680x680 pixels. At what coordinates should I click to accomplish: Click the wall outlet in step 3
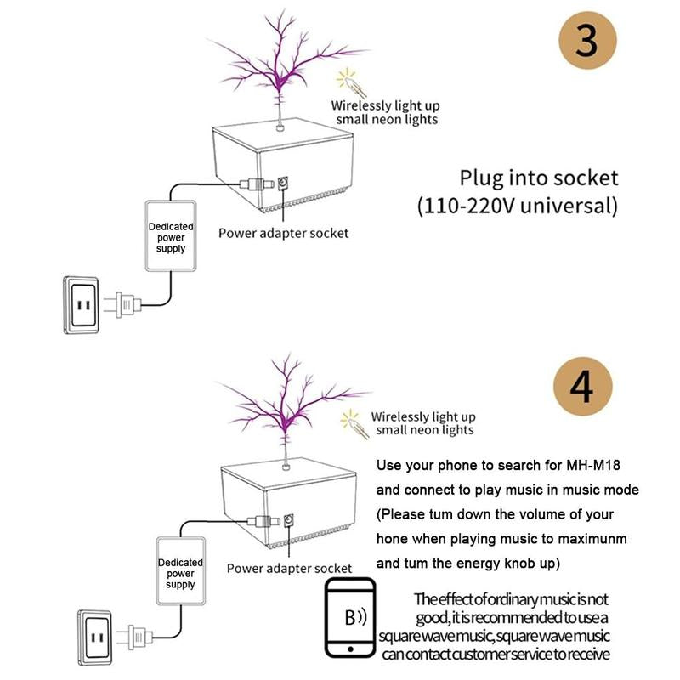click(x=84, y=304)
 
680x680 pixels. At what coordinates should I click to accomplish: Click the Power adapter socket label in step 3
click(x=283, y=233)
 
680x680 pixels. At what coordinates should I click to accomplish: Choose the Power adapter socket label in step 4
click(x=290, y=568)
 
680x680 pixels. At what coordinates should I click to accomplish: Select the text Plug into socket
click(x=538, y=178)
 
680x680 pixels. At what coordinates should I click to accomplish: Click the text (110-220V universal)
click(x=516, y=206)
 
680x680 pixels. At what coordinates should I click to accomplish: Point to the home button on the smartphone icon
click(x=350, y=650)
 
